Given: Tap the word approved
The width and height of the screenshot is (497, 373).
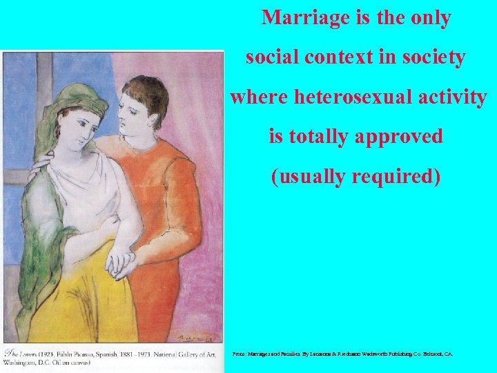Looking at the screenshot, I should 399,136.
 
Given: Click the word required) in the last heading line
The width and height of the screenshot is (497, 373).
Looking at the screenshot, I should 398,176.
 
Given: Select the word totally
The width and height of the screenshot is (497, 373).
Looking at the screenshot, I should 320,136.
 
